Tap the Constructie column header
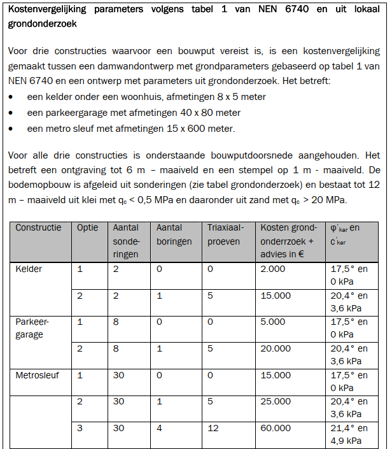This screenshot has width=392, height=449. pyautogui.click(x=38, y=228)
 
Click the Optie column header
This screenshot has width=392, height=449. pyautogui.click(x=88, y=228)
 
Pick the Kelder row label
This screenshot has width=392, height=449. pyautogui.click(x=29, y=269)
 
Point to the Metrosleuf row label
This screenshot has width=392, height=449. pyautogui.click(x=37, y=376)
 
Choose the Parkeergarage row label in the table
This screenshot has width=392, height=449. pyautogui.click(x=32, y=328)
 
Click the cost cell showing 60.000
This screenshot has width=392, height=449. pyautogui.click(x=276, y=429)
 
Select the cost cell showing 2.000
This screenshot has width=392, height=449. pyautogui.click(x=273, y=269)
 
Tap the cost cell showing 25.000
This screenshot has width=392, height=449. pyautogui.click(x=276, y=402)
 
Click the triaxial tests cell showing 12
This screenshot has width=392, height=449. pyautogui.click(x=213, y=429)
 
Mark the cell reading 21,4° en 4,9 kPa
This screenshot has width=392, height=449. pyautogui.click(x=349, y=434)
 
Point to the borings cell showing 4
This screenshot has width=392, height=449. pyautogui.click(x=159, y=429)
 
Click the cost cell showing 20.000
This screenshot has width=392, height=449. pyautogui.click(x=276, y=349)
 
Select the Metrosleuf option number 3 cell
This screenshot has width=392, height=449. pyautogui.click(x=80, y=429)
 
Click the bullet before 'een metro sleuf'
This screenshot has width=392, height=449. pyautogui.click(x=13, y=129)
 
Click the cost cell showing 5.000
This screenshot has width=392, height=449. pyautogui.click(x=273, y=322)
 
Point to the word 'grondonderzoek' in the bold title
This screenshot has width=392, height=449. pyautogui.click(x=44, y=25)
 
